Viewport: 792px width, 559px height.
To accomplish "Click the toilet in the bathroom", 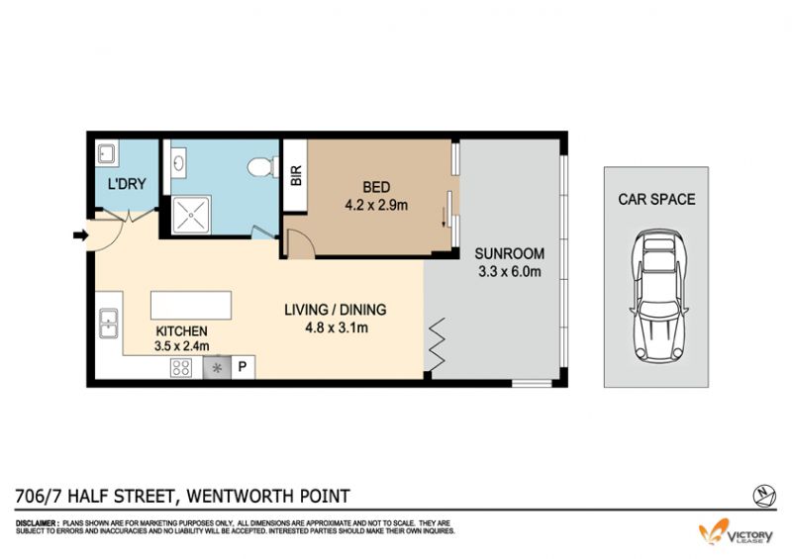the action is pos(263,167).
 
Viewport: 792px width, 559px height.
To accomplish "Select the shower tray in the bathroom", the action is pos(191,215).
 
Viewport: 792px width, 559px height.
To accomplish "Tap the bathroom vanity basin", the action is pos(178,162).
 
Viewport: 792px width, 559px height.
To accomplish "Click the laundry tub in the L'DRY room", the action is pos(107,153).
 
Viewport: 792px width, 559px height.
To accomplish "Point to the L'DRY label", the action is pos(127,184).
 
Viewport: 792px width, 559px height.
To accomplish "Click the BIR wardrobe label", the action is pos(296,175).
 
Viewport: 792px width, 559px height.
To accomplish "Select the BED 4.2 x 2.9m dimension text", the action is pos(376,205).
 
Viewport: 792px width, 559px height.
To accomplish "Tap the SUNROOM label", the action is pos(509,253).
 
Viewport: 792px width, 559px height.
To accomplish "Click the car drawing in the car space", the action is pos(658,296).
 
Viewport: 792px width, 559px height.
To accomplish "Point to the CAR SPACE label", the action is pos(656,199).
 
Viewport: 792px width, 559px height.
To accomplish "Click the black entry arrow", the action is pos(81,234).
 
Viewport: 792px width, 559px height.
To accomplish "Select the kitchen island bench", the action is pos(191,305).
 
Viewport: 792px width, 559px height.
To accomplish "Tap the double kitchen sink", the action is pos(109,324).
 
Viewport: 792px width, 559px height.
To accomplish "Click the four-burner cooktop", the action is pos(182,368).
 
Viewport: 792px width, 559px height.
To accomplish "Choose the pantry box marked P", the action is pos(243,367).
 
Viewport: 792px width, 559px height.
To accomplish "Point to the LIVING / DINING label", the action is pos(336,309).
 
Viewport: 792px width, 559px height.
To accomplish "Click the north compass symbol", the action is pos(764,496).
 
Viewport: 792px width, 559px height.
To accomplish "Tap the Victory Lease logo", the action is pos(736,533).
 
